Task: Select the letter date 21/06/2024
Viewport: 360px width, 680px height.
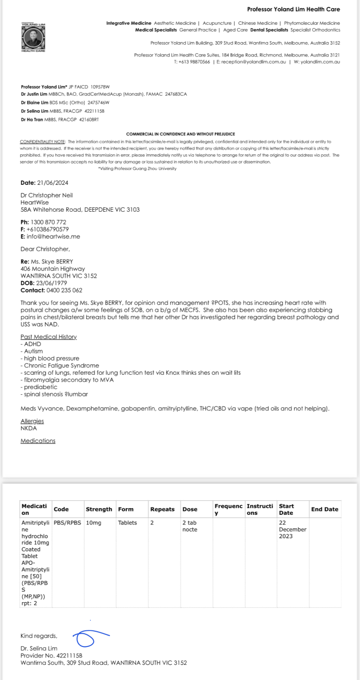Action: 56,183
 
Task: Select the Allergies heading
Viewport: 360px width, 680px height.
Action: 32,421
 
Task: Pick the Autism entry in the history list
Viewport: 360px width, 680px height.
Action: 33,351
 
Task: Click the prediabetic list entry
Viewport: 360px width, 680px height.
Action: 38,387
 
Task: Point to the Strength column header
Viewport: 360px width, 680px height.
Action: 99,509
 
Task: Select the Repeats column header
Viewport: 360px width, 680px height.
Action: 162,509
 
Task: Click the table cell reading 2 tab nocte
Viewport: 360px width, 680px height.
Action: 190,526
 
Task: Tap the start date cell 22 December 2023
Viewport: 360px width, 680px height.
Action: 293,529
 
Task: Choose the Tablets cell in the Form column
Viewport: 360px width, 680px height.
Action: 127,523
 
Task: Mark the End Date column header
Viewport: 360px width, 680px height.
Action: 324,509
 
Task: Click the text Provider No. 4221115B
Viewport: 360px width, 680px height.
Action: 51,656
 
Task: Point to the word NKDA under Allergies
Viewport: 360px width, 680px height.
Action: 29,428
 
